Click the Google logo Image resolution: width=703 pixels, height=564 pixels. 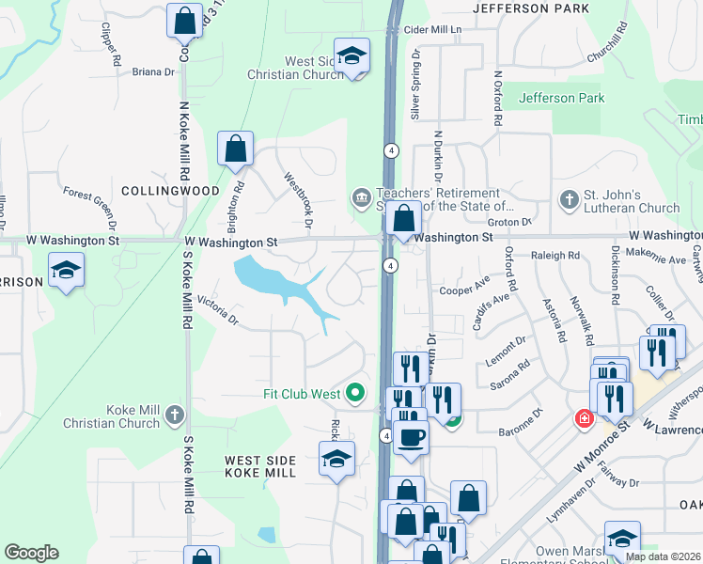tap(31, 553)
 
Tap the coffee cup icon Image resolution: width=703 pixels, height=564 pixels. tap(410, 437)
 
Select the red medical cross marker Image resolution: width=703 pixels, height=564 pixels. tap(584, 417)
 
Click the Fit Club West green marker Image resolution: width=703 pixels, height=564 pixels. tap(354, 393)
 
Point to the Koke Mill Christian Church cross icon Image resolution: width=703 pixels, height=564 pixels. tap(173, 415)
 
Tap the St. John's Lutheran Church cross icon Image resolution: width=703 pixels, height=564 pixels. tap(568, 199)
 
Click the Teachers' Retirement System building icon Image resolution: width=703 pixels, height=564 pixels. tap(360, 198)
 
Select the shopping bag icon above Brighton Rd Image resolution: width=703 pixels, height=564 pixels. tap(235, 149)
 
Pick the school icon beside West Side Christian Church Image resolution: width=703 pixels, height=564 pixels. tap(351, 56)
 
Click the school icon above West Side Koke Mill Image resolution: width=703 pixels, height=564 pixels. tap(336, 460)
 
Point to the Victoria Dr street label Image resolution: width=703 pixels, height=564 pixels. tap(217, 311)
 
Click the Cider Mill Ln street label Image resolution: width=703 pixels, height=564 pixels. tap(432, 30)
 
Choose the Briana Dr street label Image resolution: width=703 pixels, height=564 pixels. tap(153, 71)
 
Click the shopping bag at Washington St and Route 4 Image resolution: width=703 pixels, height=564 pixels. tap(403, 219)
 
